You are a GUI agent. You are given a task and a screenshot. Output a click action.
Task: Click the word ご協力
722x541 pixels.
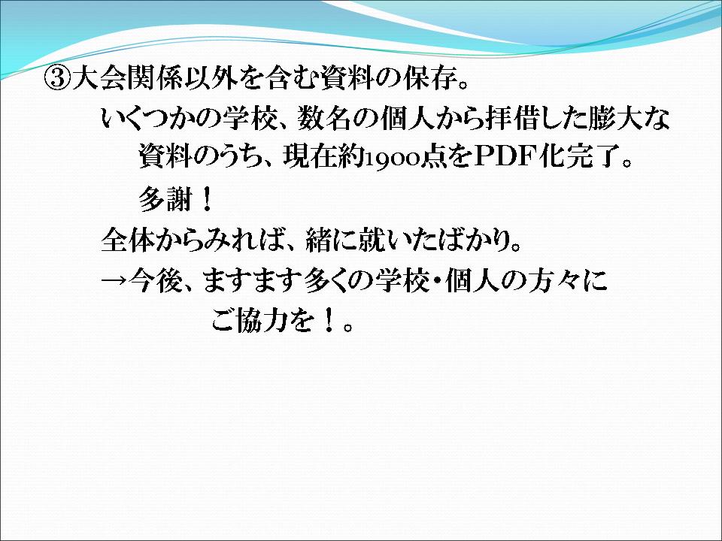click(250, 321)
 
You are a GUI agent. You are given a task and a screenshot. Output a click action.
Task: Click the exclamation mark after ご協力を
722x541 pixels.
click(329, 321)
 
